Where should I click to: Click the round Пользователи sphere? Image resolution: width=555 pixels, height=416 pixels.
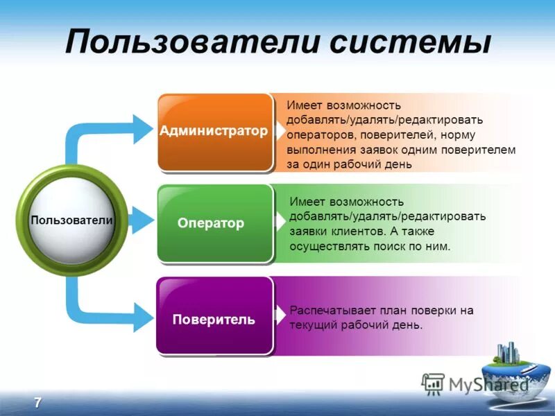71,220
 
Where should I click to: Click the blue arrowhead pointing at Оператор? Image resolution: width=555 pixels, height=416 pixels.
142,220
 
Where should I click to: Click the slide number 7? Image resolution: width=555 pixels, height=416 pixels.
37,403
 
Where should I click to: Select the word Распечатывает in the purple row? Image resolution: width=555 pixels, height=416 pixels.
328,311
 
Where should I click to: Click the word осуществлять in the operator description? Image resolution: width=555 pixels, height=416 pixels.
325,246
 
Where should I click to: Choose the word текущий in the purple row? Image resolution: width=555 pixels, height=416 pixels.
311,325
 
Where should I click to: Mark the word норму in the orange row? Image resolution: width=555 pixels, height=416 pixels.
479,135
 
